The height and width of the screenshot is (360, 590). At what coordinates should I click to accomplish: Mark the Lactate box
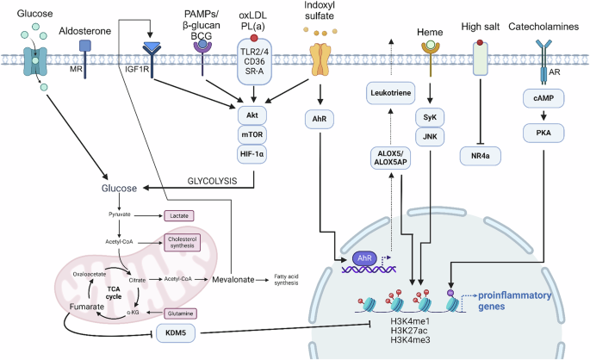pyautogui.click(x=182, y=215)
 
